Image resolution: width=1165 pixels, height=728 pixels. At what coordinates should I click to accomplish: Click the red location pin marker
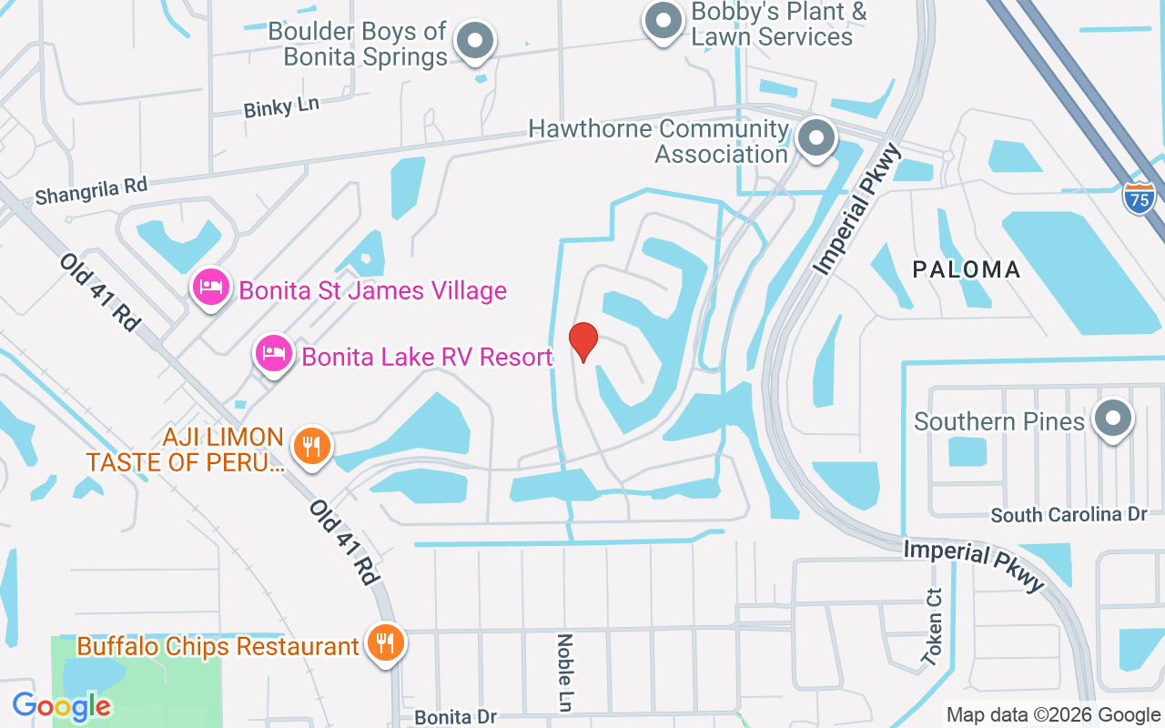tap(583, 342)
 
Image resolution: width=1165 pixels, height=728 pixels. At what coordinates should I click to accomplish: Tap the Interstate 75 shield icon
tap(1139, 197)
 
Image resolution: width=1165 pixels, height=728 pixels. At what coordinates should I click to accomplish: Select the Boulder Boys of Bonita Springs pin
tap(474, 41)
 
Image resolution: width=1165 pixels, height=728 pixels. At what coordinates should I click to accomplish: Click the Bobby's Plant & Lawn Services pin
tap(664, 20)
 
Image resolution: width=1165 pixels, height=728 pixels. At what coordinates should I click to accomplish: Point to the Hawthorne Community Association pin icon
tap(816, 139)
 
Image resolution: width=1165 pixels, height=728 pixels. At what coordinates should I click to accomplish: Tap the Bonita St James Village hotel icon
tap(211, 288)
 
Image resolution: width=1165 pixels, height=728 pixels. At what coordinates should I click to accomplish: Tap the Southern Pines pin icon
tap(1112, 420)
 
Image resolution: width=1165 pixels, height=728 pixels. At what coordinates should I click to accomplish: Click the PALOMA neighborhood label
tap(967, 269)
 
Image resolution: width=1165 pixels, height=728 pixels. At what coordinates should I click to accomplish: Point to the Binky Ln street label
tap(281, 106)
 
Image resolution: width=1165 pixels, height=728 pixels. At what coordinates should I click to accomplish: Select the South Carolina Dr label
tap(1069, 515)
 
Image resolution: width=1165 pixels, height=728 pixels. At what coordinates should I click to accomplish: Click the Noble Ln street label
tap(564, 672)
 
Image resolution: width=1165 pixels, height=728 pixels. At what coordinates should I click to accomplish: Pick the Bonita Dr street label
tap(455, 717)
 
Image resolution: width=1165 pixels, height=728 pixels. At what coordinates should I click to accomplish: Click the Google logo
tap(61, 705)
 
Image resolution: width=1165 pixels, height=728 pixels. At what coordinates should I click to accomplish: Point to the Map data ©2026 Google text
tap(1053, 714)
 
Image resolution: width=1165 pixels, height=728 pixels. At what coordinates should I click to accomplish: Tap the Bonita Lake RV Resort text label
tap(427, 357)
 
